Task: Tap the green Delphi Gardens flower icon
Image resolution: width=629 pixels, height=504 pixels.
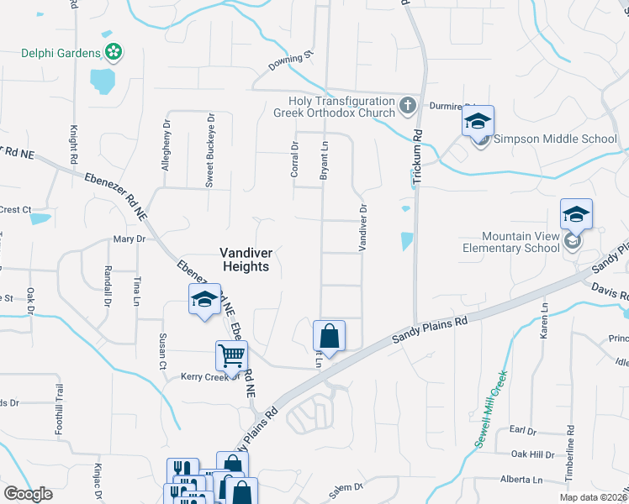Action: tap(114, 52)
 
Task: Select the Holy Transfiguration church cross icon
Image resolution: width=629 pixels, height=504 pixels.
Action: tap(408, 106)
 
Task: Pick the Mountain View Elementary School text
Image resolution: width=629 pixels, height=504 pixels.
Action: tap(510, 242)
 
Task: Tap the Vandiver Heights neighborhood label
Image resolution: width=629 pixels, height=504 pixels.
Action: tap(245, 259)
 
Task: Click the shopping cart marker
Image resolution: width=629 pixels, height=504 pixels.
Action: tap(231, 355)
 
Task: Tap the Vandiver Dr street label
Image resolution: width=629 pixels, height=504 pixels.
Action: tap(363, 228)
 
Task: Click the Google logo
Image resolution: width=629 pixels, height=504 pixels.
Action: tap(28, 494)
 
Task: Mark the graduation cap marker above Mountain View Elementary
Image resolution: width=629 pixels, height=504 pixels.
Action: tap(577, 214)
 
